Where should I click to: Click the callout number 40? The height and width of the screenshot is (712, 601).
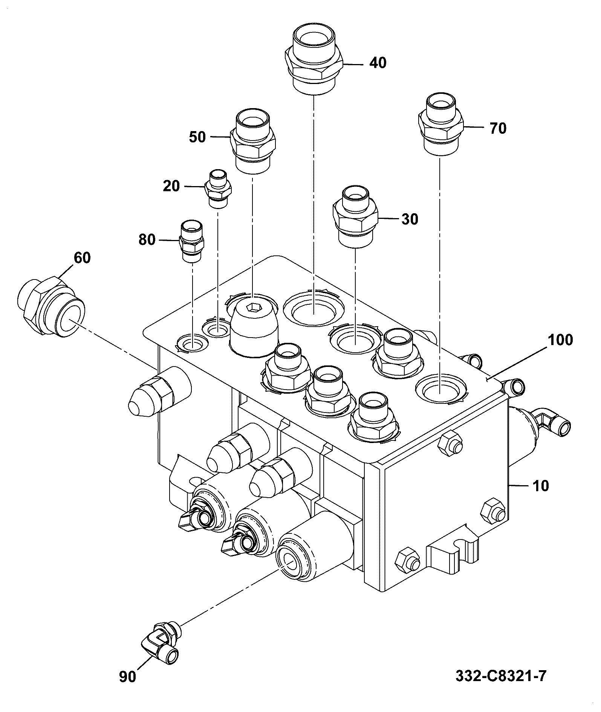click(378, 63)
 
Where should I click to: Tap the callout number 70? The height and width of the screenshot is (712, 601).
click(498, 128)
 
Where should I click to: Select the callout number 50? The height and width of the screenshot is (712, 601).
click(197, 137)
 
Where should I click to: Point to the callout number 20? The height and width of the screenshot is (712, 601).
click(171, 186)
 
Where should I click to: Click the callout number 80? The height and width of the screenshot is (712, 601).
click(147, 240)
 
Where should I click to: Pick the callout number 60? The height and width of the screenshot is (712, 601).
click(82, 258)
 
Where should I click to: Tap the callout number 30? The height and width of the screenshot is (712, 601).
click(410, 219)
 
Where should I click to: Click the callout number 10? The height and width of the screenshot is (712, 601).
click(541, 486)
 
